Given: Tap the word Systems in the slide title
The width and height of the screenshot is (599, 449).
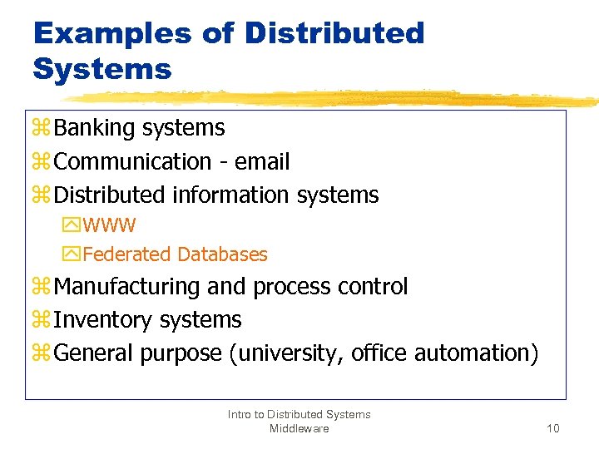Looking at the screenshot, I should [102, 69].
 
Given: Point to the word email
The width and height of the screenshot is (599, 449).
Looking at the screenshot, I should [262, 161].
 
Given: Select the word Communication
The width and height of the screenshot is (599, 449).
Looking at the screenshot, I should [132, 161].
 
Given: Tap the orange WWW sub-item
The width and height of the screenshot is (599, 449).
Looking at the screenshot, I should [110, 225].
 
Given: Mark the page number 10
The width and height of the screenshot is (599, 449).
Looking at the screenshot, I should [553, 428].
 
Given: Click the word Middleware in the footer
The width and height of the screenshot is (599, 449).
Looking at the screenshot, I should [299, 428].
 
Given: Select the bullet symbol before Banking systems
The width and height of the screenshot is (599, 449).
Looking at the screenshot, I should [42, 129].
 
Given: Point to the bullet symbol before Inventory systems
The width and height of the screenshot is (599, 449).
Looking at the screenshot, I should [42, 321].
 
